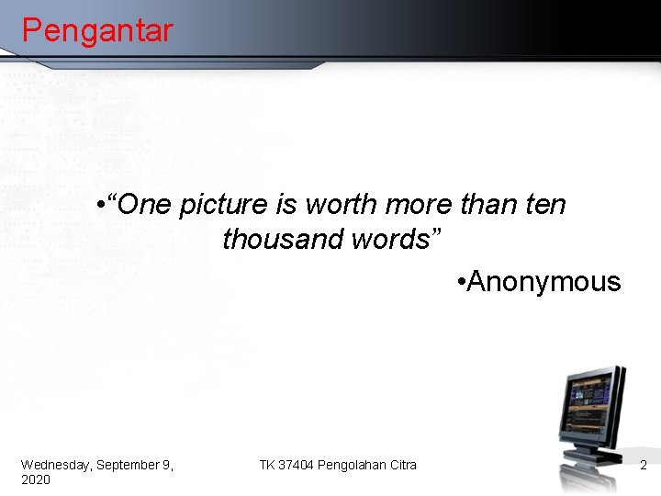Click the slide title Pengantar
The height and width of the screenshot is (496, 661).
point(96,31)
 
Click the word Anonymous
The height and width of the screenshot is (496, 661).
point(543,281)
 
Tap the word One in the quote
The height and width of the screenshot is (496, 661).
point(144,204)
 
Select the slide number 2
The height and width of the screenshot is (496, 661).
point(644,466)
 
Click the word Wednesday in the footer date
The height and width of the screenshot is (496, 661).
point(56,466)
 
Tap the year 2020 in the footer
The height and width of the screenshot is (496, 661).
point(36,480)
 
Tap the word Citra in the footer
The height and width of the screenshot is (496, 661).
point(401,466)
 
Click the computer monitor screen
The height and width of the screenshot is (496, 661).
point(589,404)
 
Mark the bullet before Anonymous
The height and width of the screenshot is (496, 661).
point(460,282)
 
